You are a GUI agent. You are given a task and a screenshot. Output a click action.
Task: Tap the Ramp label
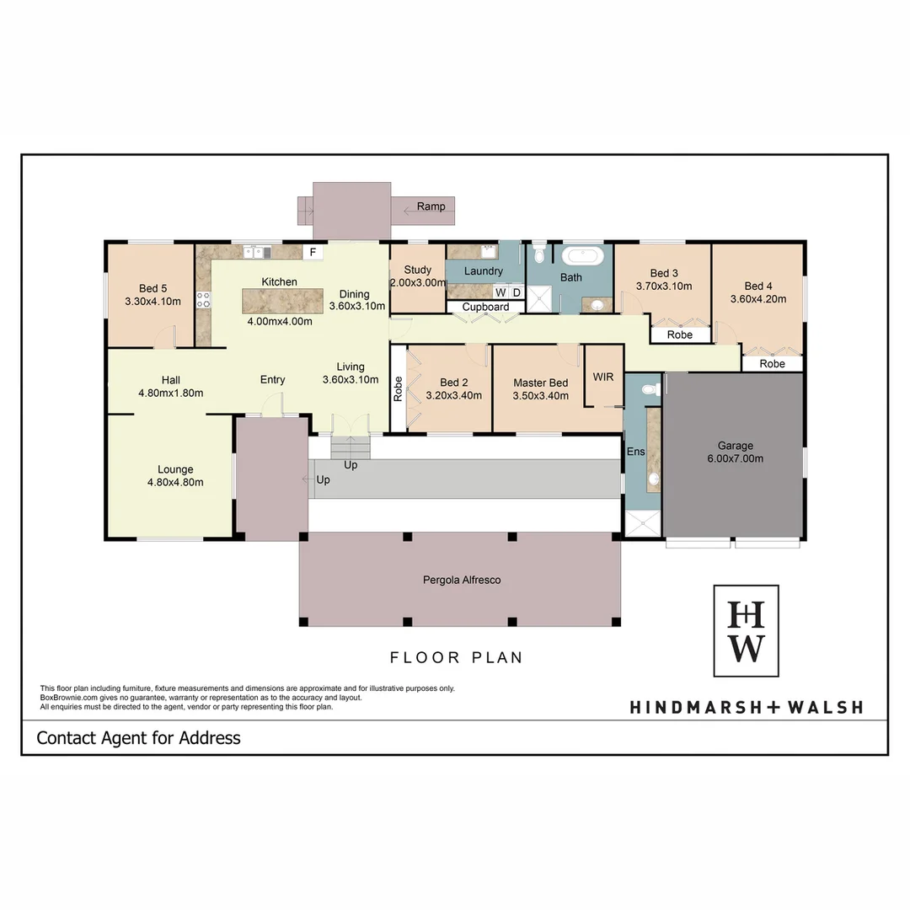pos(431,206)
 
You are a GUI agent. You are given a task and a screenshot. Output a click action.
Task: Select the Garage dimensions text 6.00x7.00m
pos(735,458)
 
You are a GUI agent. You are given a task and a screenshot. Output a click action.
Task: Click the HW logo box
pos(746,631)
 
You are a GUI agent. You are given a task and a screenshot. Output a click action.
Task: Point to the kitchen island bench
pos(282,301)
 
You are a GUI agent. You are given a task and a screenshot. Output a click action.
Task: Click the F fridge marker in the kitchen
pos(313,252)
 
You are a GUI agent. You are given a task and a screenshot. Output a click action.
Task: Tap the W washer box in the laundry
pos(500,292)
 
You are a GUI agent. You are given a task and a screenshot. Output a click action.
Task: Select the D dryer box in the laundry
pos(517,292)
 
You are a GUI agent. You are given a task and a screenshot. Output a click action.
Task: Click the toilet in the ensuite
pos(649,389)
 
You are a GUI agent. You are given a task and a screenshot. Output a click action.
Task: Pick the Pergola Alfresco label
pos(461,580)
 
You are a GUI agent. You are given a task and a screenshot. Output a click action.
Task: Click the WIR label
pos(603,377)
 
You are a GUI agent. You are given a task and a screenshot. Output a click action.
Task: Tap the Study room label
pos(417,270)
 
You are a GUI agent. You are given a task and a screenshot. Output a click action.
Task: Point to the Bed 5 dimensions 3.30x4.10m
pos(153,301)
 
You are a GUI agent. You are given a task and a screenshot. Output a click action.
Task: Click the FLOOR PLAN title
pos(456,657)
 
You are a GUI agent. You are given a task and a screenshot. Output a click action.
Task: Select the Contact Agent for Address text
pos(138,738)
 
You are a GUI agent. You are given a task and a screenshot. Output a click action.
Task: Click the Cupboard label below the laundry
pos(485,307)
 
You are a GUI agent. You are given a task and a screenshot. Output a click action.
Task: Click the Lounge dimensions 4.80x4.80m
pos(175,482)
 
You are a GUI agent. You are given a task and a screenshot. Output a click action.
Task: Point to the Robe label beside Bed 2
pos(398,387)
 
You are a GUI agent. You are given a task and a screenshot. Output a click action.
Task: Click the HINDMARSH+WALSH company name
pos(746,707)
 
